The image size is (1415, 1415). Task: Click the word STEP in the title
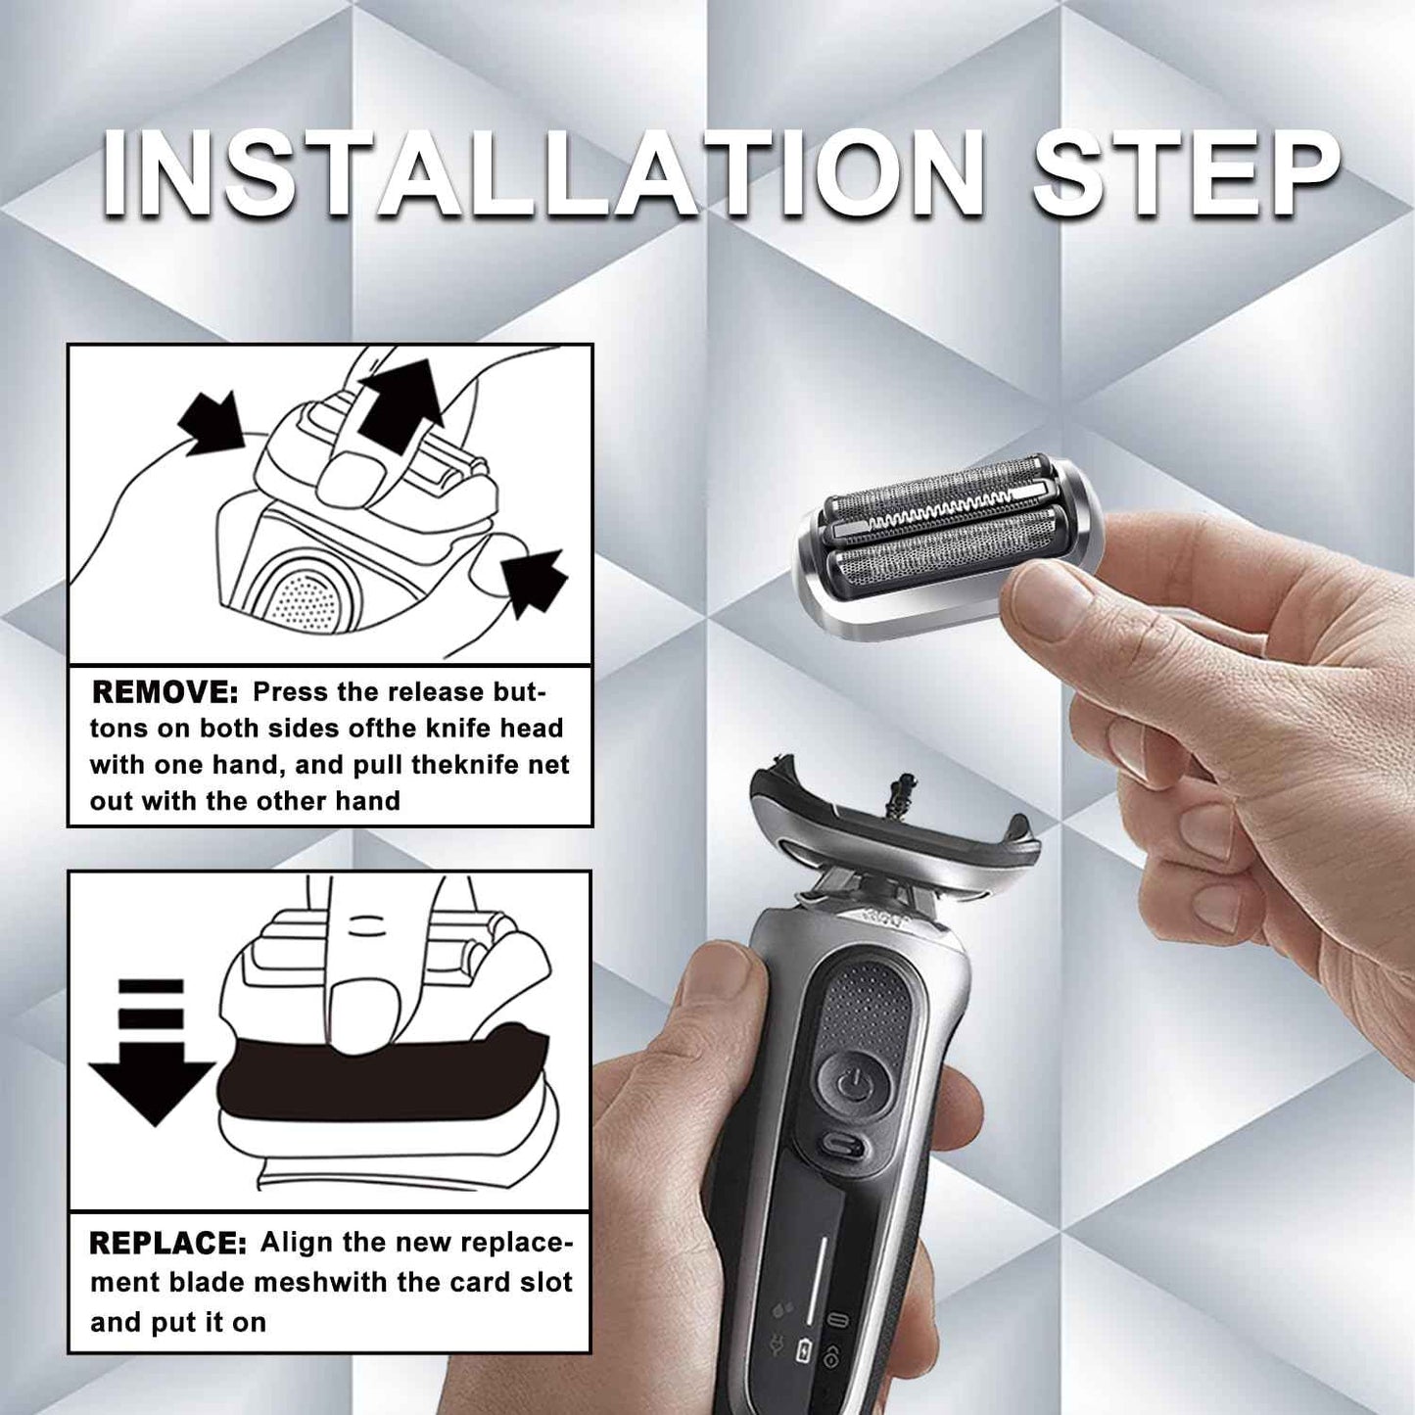pos(1185,174)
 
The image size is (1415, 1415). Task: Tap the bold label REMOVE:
pos(165,692)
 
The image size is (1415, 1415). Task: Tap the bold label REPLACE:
pos(167,1244)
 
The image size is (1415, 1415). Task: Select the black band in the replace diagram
pos(382,1077)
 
